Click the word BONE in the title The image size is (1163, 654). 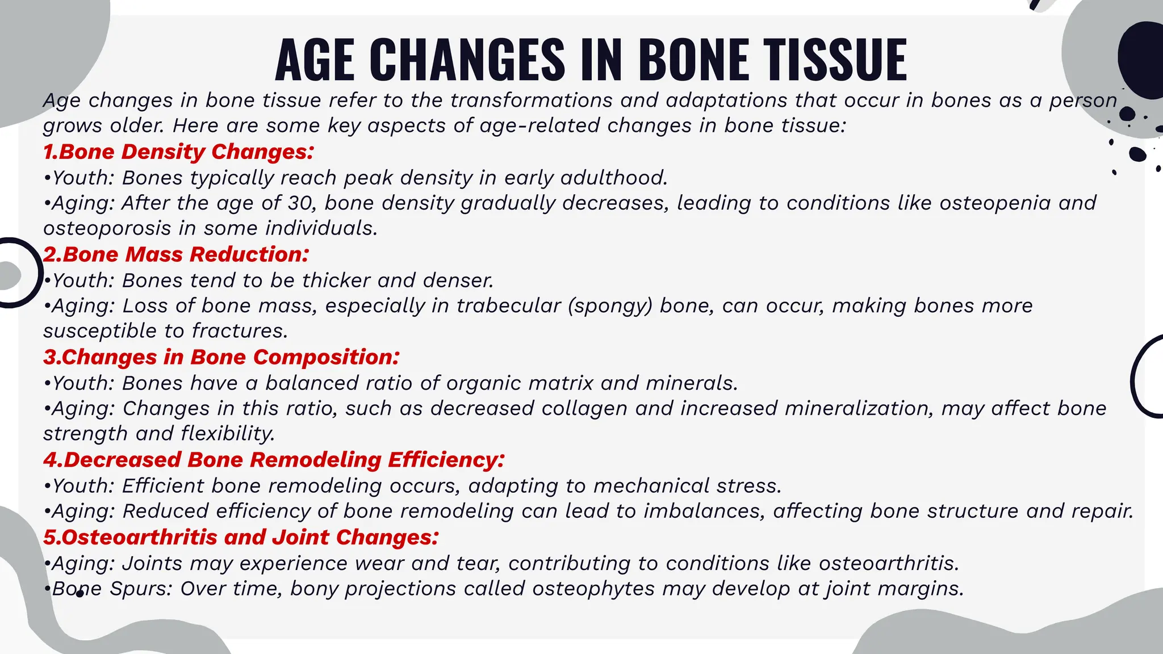(693, 59)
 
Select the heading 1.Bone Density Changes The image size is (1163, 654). (178, 152)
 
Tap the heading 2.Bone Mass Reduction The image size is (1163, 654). (176, 254)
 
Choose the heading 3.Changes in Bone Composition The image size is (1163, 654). (221, 357)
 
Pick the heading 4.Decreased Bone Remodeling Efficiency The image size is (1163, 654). (274, 460)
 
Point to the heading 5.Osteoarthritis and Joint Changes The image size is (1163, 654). (241, 537)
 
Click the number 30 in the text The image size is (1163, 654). (302, 203)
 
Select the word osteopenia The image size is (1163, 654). (995, 203)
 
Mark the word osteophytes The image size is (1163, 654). (593, 589)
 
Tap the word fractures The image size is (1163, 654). (239, 330)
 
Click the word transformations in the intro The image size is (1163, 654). (532, 100)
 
